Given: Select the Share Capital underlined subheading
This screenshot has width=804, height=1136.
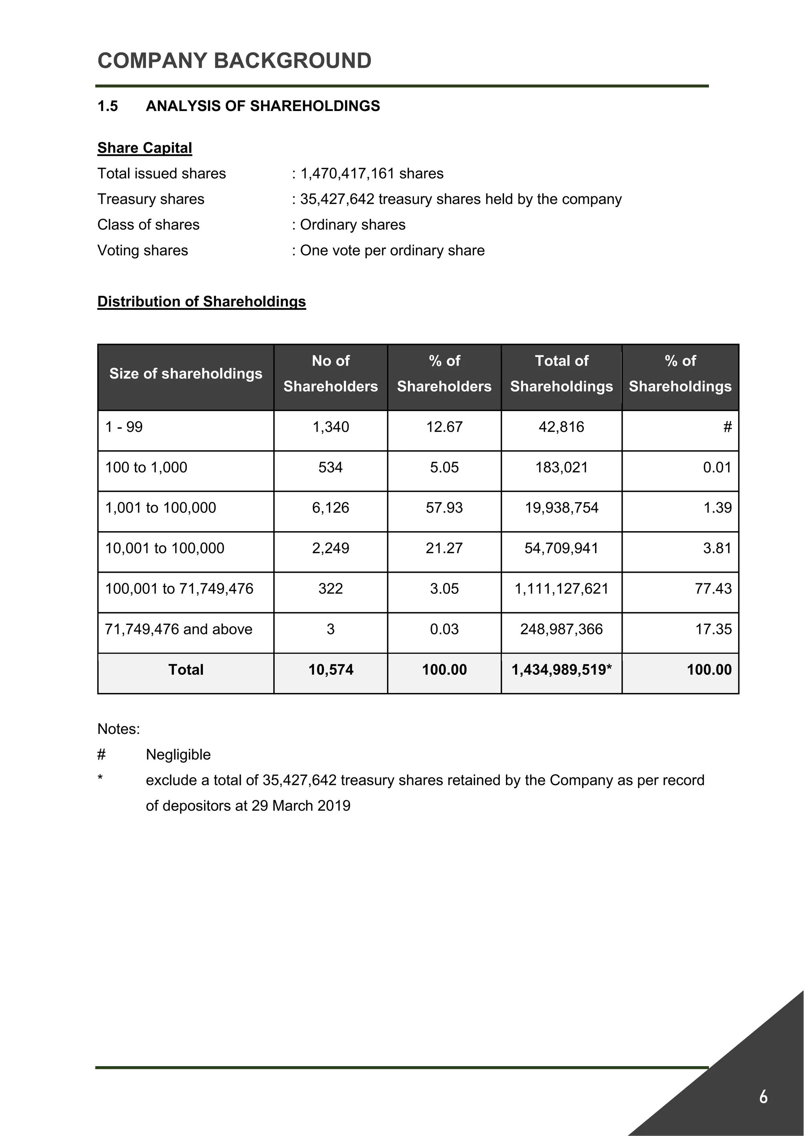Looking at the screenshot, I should tap(144, 148).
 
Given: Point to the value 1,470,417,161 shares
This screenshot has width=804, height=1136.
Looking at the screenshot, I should tap(371, 174).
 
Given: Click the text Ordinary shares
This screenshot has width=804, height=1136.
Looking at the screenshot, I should tap(353, 225).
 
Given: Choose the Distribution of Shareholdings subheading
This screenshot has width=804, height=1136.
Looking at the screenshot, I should tap(201, 301).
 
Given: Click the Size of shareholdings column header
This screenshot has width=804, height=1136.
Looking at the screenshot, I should tap(186, 373).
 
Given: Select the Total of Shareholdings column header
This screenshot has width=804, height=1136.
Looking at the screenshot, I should tap(561, 373).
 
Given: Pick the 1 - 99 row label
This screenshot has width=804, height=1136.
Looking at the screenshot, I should tap(124, 427).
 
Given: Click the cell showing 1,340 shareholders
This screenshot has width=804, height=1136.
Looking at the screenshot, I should tap(331, 427).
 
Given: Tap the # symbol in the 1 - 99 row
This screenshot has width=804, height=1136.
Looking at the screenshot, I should tap(727, 427).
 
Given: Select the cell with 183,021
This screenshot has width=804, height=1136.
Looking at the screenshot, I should tap(561, 468).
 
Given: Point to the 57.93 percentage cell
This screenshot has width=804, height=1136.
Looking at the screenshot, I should tap(444, 508).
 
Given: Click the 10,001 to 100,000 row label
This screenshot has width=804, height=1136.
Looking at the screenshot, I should tap(164, 548).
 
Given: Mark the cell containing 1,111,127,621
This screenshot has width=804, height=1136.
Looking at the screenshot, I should tap(561, 589).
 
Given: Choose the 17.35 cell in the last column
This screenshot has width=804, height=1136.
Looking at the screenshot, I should tap(713, 629).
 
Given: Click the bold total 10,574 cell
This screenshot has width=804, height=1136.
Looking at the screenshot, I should tap(331, 670).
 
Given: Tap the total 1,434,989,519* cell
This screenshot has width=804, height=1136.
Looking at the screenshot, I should tap(561, 670).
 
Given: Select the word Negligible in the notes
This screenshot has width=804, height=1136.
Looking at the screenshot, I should tap(178, 755).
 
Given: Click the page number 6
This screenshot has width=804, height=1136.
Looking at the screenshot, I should tap(763, 1097).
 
